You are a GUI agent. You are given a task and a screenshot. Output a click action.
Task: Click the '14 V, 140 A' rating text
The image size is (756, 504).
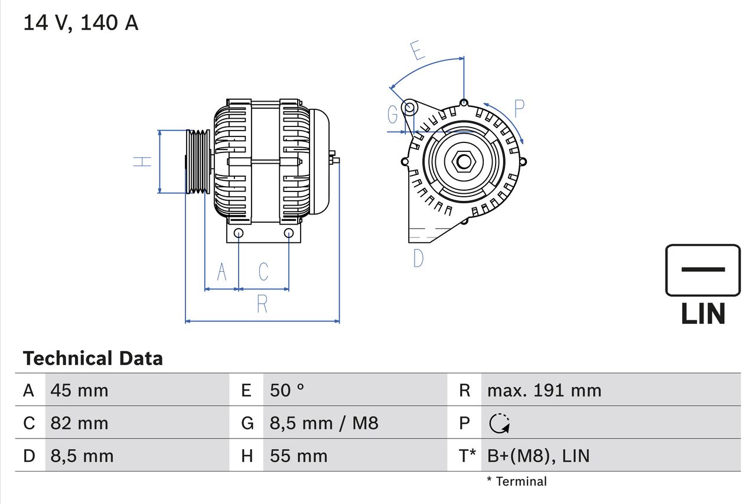point(81,23)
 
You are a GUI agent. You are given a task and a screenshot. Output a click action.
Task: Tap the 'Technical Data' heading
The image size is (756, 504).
point(93,358)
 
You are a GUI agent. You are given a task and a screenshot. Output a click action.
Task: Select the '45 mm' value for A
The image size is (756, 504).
point(79,390)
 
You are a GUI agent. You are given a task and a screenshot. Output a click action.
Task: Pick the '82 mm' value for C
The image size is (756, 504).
point(79,423)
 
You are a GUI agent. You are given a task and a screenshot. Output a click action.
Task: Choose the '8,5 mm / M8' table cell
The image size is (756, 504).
point(324,423)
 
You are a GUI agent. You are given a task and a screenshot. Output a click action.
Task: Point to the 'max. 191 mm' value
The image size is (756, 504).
point(544,390)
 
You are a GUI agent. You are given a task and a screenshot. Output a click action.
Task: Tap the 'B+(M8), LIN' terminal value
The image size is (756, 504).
point(538,456)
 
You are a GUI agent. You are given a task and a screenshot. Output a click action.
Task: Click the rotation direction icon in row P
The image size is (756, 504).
point(500,423)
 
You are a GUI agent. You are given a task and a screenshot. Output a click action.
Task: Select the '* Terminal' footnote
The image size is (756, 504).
point(517,481)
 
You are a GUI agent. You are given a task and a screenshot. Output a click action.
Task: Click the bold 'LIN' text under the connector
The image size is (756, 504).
point(703,314)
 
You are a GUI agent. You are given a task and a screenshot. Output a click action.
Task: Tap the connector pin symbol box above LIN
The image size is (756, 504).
point(703,270)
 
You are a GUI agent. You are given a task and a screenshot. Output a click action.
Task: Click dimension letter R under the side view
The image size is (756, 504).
point(262,304)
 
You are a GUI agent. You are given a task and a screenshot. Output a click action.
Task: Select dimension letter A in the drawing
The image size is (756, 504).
point(221,272)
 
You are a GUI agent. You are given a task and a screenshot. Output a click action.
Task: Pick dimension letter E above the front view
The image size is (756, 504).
point(418,51)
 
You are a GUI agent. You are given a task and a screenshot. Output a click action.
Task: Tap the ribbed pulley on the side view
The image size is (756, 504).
point(198,161)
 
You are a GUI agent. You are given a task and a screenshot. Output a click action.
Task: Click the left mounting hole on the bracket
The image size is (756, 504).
point(238,233)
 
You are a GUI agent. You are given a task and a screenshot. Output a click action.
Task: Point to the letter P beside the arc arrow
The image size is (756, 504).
point(519,109)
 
